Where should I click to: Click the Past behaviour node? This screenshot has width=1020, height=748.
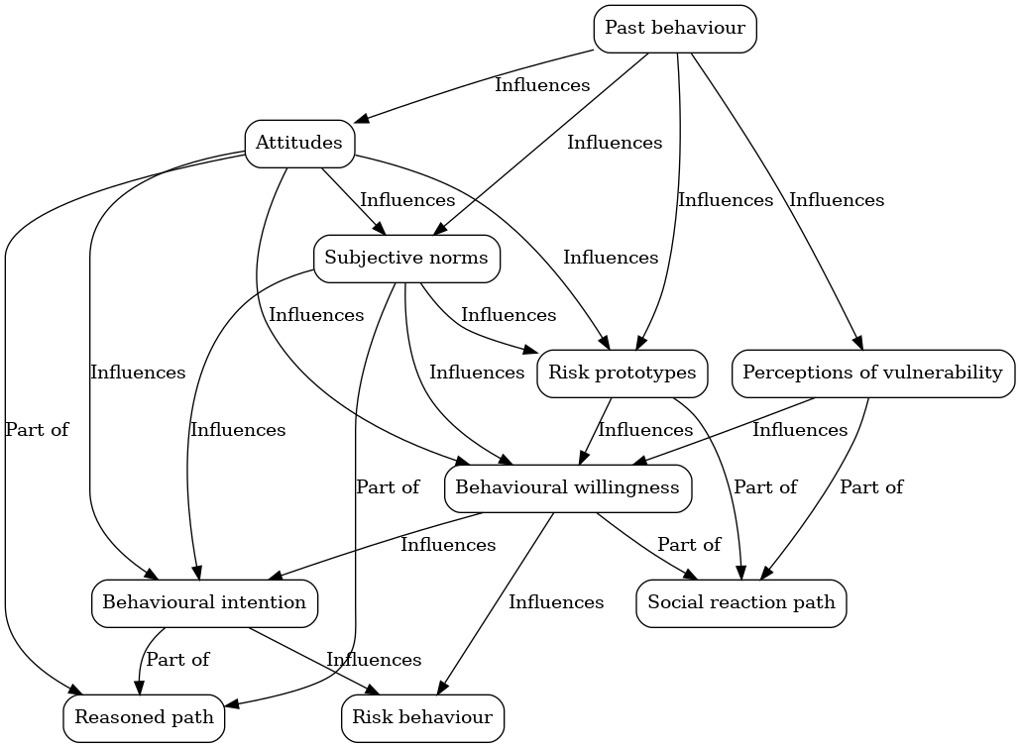click(x=675, y=28)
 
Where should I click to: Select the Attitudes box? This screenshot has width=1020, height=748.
click(x=298, y=143)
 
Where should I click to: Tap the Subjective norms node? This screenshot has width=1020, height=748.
click(x=406, y=258)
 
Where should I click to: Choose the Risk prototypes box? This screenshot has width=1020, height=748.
click(x=623, y=373)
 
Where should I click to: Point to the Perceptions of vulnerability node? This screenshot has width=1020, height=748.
click(x=872, y=373)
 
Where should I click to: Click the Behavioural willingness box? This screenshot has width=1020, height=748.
click(x=567, y=487)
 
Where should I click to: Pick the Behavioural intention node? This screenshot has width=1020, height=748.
click(x=204, y=602)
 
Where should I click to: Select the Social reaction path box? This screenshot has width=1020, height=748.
click(x=741, y=602)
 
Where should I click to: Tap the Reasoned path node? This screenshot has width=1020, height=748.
click(x=145, y=717)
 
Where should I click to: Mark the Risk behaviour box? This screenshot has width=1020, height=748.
click(x=422, y=717)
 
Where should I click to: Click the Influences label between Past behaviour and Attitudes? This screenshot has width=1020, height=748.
click(x=542, y=85)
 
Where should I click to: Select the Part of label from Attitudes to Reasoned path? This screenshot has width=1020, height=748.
click(x=37, y=430)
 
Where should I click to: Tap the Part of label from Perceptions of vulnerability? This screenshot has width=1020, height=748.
click(x=871, y=487)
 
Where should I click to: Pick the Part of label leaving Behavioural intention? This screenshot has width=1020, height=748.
click(x=177, y=660)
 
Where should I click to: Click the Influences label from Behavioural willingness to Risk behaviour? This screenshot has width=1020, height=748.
click(x=556, y=602)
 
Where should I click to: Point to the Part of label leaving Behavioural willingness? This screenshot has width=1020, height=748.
click(x=689, y=545)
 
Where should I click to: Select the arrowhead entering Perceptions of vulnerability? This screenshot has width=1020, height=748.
click(x=859, y=343)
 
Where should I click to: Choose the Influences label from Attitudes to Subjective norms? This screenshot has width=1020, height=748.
click(x=407, y=200)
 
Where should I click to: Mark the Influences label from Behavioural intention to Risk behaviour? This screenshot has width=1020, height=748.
click(x=374, y=660)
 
